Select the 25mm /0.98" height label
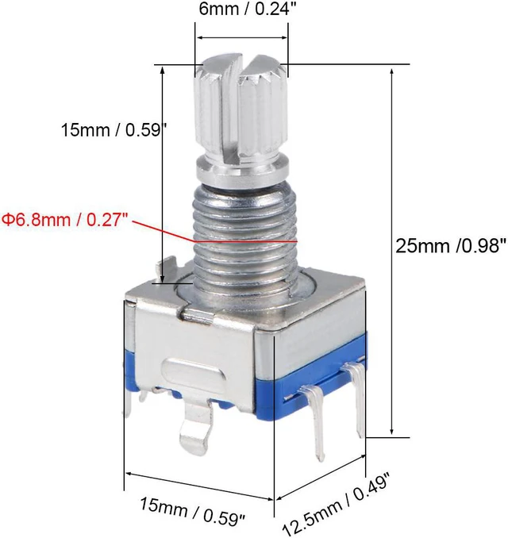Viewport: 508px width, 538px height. (451, 246)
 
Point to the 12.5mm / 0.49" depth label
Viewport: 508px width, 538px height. (337, 503)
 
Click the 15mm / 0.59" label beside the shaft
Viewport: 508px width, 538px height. (114, 130)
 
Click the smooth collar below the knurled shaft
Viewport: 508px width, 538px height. (241, 170)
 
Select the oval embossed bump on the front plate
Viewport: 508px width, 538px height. (194, 373)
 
